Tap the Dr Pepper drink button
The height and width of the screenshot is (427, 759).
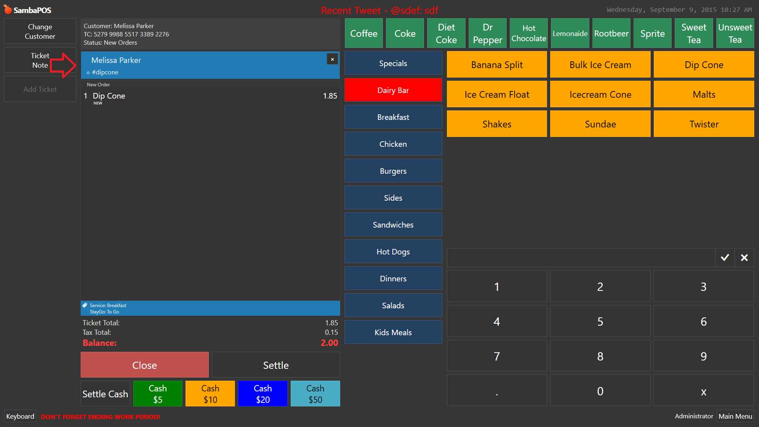[487, 33]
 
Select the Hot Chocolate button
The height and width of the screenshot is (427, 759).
[529, 33]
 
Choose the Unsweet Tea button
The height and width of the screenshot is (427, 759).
[735, 33]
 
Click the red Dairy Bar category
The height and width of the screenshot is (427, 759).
[393, 90]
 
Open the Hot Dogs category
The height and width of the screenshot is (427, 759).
[393, 251]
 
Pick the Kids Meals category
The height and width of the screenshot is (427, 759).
[393, 332]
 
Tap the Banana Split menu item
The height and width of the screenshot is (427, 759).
[497, 65]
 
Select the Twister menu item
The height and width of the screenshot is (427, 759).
[704, 124]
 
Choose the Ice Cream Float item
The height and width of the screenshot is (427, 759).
[497, 94]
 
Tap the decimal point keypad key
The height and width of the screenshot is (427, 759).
[497, 391]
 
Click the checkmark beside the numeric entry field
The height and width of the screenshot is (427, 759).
[725, 258]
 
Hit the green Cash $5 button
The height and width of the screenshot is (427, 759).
[158, 394]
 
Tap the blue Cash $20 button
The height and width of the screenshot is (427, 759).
[263, 394]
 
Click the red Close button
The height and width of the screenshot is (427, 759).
[145, 365]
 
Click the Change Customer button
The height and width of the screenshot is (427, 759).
[40, 31]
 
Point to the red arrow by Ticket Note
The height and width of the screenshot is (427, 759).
[63, 65]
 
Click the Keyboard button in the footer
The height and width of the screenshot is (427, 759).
[20, 416]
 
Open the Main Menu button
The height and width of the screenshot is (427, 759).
[735, 416]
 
